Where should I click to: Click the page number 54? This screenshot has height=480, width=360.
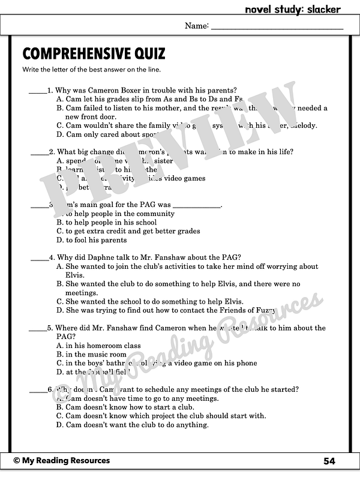point(329,461)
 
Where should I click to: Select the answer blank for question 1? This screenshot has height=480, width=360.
point(37,91)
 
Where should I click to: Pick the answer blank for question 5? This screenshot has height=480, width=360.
point(37,328)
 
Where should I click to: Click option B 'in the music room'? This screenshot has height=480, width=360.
point(95,354)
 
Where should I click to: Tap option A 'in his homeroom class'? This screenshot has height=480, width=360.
point(103,346)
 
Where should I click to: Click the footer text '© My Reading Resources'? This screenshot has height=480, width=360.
point(62,461)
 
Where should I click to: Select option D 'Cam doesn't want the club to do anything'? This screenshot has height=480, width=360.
point(136,425)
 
